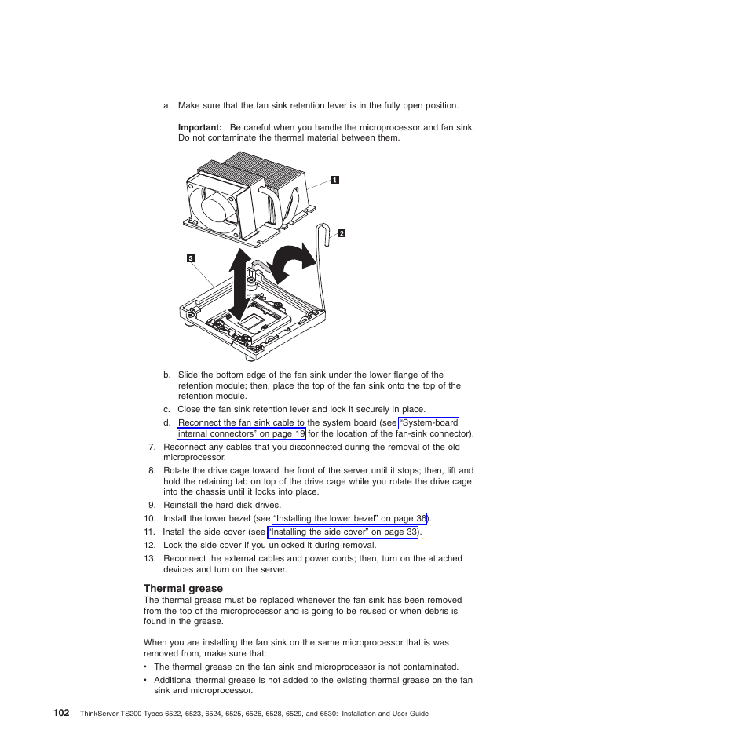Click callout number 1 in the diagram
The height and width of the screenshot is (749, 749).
coord(334,180)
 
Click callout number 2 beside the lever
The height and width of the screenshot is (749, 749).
coord(342,233)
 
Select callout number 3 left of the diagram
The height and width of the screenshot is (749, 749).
coord(190,258)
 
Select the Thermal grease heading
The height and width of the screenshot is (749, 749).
coord(183,588)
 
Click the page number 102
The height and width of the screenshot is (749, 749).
coord(61,713)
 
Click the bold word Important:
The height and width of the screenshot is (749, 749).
coord(199,127)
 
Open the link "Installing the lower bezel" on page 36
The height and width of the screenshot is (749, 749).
coord(349,519)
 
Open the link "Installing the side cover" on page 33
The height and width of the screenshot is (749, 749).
coord(343,532)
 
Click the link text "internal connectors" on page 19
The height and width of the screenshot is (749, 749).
coord(241,433)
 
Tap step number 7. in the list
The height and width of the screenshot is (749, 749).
coord(152,447)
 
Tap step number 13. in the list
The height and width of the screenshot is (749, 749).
coord(150,559)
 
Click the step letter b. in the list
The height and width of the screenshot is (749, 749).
coord(166,375)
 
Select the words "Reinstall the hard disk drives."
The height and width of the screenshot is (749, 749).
coord(222,506)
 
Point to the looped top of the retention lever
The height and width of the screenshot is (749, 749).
coord(322,229)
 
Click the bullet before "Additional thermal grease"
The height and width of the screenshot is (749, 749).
coord(146,681)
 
